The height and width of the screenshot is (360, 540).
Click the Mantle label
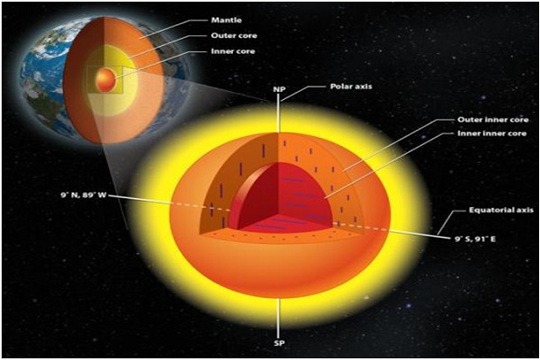226,20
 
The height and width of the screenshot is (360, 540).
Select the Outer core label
234,35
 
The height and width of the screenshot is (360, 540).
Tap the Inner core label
233,51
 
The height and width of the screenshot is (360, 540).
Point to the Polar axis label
351,86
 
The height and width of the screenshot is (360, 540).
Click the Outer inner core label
493,120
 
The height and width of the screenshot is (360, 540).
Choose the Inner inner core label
491,133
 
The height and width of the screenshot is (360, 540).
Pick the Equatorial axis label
501,210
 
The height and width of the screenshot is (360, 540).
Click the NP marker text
279,89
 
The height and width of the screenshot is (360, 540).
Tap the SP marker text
279,343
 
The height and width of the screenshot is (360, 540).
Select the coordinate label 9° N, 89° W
84,195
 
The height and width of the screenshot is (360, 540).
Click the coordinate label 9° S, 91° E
475,238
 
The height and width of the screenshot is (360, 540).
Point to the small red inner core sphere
105,79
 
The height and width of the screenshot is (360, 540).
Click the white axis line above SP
279,318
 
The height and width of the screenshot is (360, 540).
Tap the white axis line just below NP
279,112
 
